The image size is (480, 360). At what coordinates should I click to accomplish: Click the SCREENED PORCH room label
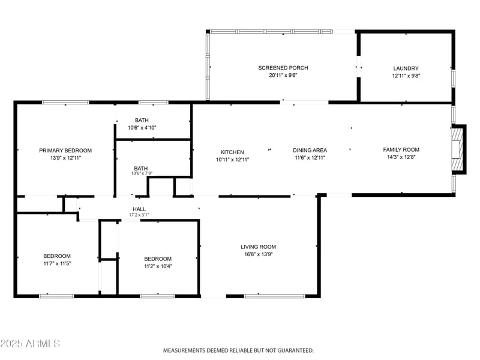[283, 68]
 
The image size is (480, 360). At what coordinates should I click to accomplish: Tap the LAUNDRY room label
[406, 68]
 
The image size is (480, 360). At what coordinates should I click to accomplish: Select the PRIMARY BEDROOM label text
[65, 151]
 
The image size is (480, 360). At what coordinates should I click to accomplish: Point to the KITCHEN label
[232, 152]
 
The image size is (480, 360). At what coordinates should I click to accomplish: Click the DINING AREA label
[310, 151]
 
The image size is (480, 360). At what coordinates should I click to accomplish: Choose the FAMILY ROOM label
[401, 150]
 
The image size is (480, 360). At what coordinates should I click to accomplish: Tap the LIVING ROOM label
[258, 247]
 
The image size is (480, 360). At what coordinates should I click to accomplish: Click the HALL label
[139, 209]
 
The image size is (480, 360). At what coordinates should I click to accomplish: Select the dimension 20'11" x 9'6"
[283, 76]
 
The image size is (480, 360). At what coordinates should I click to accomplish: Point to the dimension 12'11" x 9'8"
[406, 76]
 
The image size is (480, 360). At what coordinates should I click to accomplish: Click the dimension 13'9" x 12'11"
[65, 158]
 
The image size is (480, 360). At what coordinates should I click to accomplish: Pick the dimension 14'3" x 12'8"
[401, 158]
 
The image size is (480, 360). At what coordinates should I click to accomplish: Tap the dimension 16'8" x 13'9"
[258, 254]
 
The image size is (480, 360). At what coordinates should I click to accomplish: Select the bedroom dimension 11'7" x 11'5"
[57, 263]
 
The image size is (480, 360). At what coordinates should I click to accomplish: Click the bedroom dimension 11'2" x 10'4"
[158, 266]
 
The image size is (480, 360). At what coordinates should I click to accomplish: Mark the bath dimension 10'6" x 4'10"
[142, 128]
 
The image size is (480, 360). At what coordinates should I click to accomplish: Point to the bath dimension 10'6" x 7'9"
[142, 174]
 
